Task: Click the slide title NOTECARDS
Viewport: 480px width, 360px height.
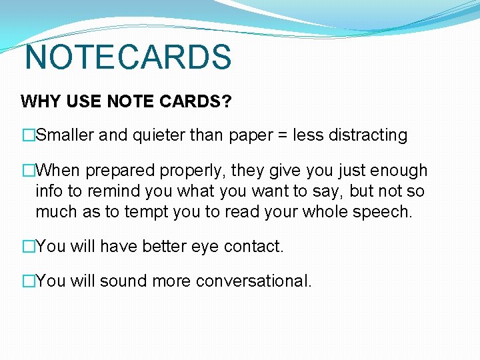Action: pos(127,57)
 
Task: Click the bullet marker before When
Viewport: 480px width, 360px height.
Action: pos(28,171)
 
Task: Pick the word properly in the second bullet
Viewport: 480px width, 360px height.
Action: pos(195,171)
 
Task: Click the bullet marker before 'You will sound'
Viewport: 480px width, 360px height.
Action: pos(28,281)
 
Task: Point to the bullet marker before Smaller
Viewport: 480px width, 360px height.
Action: pos(28,135)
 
